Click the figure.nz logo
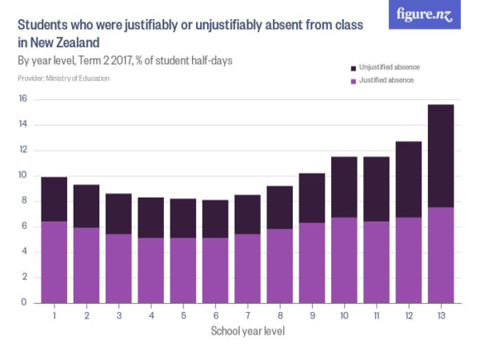click(x=425, y=14)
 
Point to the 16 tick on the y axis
click(x=23, y=99)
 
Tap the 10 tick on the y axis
click(x=23, y=175)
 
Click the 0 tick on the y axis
click(x=25, y=302)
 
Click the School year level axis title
click(x=247, y=330)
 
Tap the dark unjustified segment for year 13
click(x=441, y=156)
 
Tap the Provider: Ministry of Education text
click(x=63, y=78)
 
